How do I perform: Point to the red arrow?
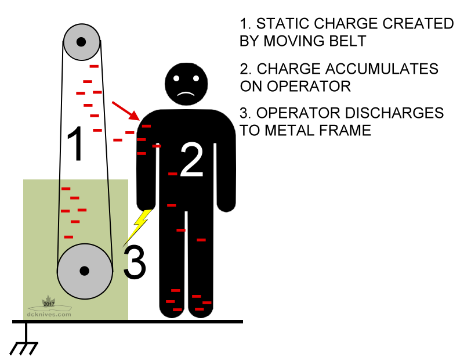(x=125, y=110)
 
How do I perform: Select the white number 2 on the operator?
(x=192, y=160)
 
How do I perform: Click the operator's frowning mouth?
(x=185, y=93)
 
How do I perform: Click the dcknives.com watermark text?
(x=49, y=314)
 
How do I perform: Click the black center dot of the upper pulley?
(x=81, y=42)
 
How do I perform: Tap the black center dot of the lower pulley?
(x=84, y=271)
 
